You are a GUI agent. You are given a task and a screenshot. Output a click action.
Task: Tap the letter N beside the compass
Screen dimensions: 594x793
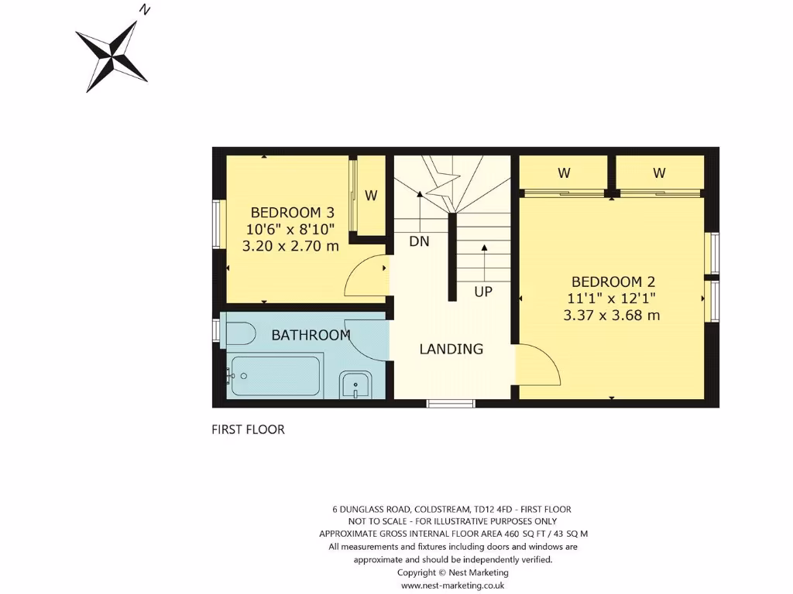tap(144, 10)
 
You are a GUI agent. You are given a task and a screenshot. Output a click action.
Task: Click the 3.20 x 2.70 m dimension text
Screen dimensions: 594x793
tap(291, 246)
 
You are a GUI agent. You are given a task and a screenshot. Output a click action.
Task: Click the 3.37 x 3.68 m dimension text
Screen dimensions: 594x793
tap(612, 315)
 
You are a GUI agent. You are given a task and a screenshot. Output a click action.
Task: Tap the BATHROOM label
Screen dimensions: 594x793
tap(311, 335)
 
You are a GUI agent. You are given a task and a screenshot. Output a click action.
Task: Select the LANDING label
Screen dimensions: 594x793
tap(451, 349)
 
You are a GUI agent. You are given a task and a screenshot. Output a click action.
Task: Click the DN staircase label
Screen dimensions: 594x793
tap(419, 241)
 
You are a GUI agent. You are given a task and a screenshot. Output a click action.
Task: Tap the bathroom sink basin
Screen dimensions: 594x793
tap(355, 384)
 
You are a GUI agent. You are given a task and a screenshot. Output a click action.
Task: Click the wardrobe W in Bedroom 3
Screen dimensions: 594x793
tap(371, 196)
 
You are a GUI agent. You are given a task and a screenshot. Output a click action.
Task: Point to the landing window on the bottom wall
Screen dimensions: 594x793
tap(451, 402)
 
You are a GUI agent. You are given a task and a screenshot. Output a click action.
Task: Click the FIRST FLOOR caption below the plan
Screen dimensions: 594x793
tap(248, 429)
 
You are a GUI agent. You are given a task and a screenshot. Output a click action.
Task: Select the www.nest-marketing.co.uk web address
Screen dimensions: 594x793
tap(452, 585)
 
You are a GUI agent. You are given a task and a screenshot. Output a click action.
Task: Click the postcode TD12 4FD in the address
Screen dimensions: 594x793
tap(493, 509)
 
